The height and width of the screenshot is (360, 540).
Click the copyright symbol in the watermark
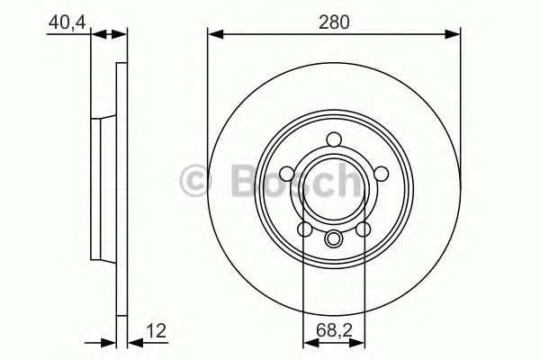(x=196, y=183)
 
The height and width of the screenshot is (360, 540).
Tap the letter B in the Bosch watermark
(x=231, y=183)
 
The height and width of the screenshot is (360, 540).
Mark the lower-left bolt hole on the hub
(x=306, y=231)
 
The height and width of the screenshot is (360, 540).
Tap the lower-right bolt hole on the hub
(x=363, y=231)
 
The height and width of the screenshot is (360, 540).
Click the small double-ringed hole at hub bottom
(x=334, y=238)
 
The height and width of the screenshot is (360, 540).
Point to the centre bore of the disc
(x=334, y=191)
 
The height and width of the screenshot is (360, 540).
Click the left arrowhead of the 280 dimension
(x=214, y=35)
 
